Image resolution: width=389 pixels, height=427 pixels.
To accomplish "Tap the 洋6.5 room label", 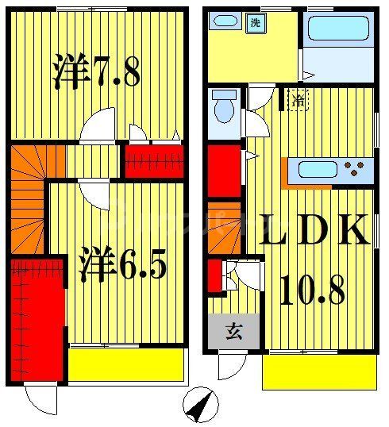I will (122, 267).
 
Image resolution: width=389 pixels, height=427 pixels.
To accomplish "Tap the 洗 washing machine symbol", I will (256, 22).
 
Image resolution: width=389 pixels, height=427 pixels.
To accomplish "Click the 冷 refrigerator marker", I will (297, 101).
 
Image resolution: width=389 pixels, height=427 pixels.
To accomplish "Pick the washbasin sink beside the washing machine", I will (228, 22).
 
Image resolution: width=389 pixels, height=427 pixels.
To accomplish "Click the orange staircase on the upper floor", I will (28, 198).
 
